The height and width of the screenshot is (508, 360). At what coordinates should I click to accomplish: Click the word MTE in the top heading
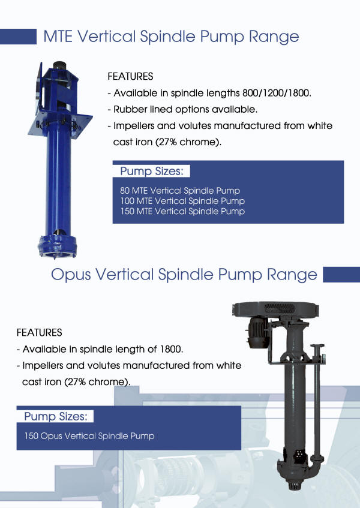coord(58,36)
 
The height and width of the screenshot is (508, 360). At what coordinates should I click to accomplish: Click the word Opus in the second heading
coord(71,275)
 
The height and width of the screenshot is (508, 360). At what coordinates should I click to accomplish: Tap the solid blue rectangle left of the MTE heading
coord(18,36)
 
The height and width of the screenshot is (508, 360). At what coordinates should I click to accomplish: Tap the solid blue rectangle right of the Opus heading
coord(341,275)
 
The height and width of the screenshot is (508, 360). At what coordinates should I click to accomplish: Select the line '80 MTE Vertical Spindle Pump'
coord(180,191)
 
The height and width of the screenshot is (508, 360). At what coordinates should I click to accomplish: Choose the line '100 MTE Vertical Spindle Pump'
coord(182,201)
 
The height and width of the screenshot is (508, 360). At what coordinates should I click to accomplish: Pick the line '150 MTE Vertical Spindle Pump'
coord(182,211)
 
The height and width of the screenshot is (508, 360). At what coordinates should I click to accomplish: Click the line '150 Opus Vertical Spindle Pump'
coord(89,436)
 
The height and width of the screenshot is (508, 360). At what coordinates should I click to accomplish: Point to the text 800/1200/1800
coord(277,94)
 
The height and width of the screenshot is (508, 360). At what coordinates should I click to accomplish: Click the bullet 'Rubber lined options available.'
coord(182,110)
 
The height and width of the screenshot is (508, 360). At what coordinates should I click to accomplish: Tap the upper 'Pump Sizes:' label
coord(151,171)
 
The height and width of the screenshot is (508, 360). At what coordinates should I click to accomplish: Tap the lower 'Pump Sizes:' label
coord(55,416)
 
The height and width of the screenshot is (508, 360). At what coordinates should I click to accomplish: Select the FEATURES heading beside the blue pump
coord(130,76)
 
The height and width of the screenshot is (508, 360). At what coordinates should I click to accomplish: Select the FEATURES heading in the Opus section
coord(39,332)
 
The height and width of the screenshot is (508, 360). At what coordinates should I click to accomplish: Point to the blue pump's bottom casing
coord(58,247)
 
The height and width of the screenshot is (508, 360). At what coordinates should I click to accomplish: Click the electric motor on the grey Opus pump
coord(258,332)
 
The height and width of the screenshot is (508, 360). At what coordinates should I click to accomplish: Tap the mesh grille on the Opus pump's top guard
coord(280,308)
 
